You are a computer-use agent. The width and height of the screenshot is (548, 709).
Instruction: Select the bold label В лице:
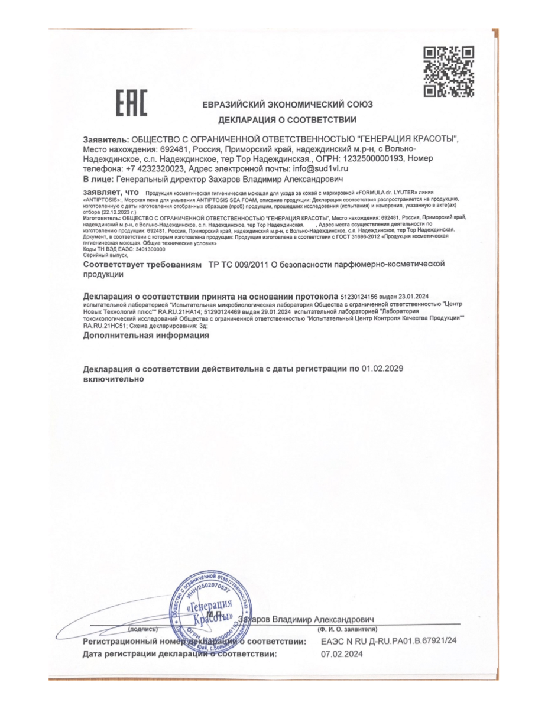pos(98,178)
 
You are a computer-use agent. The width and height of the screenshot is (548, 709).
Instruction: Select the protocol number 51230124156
pos(362,296)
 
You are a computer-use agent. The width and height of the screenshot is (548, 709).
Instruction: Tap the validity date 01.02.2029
pos(382,369)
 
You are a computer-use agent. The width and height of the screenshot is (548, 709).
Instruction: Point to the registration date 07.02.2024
pos(342,654)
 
